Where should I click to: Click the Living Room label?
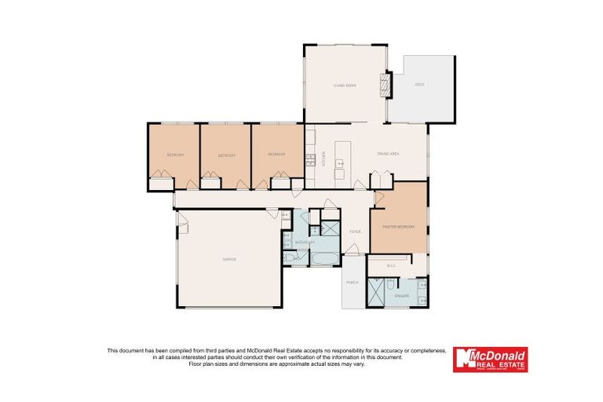[345, 85]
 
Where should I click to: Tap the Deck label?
[418, 84]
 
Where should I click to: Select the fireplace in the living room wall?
[385, 84]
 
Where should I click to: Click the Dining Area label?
[389, 154]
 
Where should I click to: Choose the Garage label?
[229, 259]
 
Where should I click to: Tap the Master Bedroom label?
[397, 228]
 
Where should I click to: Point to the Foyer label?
[355, 232]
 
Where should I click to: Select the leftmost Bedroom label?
[174, 155]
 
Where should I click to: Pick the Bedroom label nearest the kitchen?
[276, 155]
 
